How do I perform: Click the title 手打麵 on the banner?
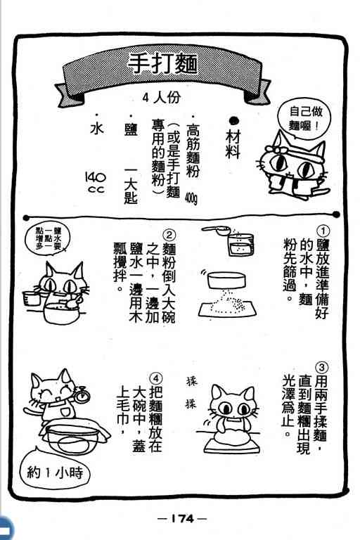coord(162,64)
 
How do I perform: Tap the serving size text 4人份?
coord(162,98)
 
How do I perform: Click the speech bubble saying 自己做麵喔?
coord(304,118)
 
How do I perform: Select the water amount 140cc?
coord(96,183)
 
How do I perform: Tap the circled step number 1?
coord(323,231)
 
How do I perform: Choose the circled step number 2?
coord(169,236)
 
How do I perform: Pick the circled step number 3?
coord(321,368)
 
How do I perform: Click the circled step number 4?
coord(155,378)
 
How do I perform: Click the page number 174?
coord(183,517)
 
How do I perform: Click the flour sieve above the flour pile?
coord(226,280)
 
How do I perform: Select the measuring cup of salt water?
coord(240,245)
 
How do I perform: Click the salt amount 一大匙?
coord(131,186)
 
